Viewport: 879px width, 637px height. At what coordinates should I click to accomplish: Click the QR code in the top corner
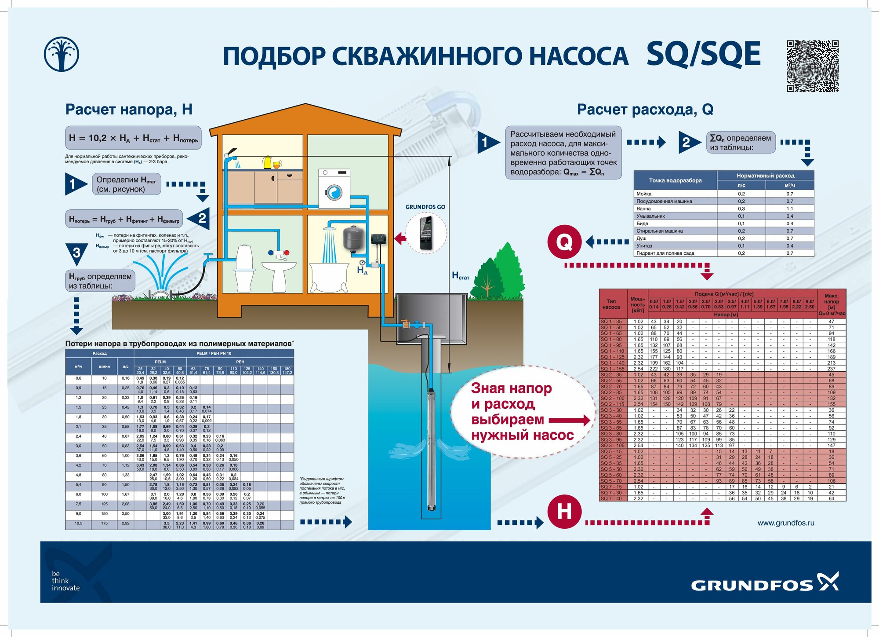(812, 66)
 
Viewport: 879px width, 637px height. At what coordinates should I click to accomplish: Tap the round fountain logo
(62, 54)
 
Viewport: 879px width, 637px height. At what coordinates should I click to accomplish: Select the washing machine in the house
(334, 189)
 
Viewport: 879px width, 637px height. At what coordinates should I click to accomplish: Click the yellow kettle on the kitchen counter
(267, 162)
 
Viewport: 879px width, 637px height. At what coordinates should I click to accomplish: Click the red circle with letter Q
(564, 242)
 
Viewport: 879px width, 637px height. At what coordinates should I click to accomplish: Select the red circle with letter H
(564, 512)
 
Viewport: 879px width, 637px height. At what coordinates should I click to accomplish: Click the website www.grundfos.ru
(786, 523)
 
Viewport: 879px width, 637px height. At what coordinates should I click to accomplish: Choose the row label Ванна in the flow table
(643, 209)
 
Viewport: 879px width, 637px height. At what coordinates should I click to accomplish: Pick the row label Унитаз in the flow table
(644, 245)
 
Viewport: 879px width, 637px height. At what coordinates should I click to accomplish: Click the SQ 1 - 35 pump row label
(611, 322)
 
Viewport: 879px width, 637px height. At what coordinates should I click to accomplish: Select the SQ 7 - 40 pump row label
(611, 498)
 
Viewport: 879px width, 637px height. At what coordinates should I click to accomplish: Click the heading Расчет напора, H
(129, 109)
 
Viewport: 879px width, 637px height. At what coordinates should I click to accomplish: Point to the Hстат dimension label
(461, 276)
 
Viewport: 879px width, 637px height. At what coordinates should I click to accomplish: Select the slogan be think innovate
(65, 581)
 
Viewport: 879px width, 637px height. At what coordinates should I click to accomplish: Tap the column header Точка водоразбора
(675, 180)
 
